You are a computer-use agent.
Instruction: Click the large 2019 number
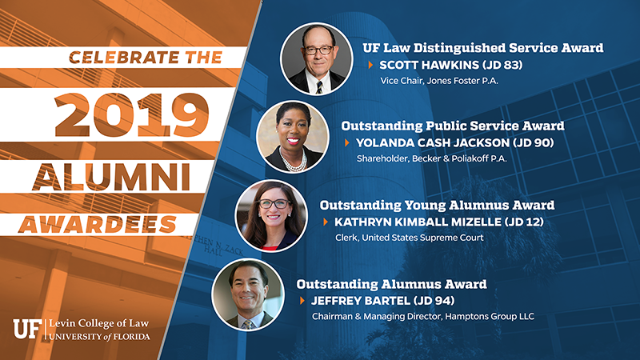[131, 114]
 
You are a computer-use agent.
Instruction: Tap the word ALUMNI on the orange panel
[111, 177]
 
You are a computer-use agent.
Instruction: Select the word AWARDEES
[98, 225]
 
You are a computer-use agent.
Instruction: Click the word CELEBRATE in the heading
[124, 58]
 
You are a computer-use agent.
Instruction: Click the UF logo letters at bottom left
[27, 329]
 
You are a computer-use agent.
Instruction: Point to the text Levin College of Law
[98, 324]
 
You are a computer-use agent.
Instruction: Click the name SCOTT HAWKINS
[423, 65]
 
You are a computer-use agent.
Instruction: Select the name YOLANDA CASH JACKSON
[433, 143]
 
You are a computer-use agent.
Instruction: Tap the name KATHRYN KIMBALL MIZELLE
[418, 222]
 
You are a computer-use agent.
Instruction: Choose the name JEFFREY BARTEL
[361, 301]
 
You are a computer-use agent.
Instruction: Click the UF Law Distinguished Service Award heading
[483, 48]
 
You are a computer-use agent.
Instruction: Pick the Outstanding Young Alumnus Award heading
[437, 205]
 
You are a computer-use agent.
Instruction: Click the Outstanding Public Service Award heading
[453, 126]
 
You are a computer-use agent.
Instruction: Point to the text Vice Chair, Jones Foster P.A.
[439, 81]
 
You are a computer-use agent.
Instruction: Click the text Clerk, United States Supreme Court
[410, 238]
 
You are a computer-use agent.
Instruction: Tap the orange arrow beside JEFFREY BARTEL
[302, 301]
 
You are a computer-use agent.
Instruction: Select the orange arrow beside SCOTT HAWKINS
[370, 65]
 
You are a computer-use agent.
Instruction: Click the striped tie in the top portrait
[319, 87]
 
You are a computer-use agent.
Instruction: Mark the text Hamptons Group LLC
[490, 316]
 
